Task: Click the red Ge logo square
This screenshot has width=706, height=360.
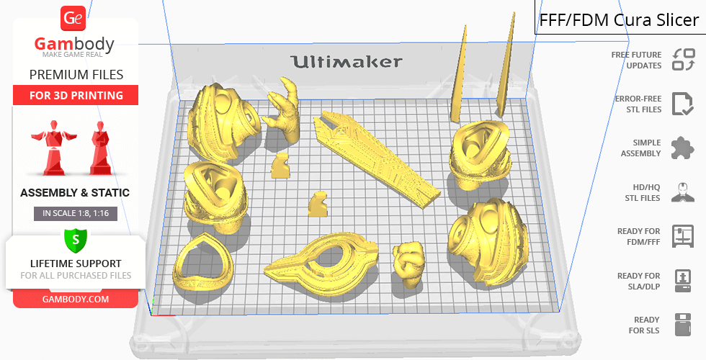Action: [x=73, y=18]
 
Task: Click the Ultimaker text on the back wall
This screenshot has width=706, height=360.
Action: [x=347, y=62]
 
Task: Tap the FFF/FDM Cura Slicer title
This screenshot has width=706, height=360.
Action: [x=619, y=20]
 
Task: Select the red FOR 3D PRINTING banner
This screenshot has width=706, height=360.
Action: [x=76, y=95]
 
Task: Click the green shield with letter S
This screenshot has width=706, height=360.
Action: [x=75, y=240]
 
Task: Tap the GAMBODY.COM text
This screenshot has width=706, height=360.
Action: [x=76, y=300]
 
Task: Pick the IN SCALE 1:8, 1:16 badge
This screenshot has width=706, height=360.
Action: [x=76, y=213]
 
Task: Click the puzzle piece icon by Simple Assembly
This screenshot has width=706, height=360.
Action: [x=683, y=148]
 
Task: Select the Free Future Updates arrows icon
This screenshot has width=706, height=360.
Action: [x=683, y=59]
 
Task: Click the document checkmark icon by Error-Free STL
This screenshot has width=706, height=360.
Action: [x=682, y=104]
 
